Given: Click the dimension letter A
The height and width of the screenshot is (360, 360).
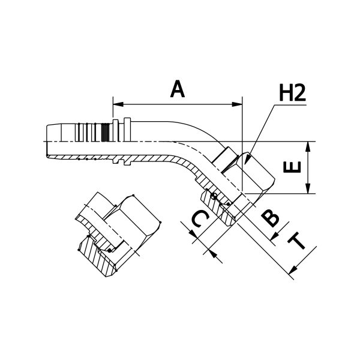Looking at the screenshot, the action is (178, 89).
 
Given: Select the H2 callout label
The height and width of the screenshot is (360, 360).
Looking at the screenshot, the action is (293, 92).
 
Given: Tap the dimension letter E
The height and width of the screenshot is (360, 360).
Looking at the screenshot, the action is (292, 167).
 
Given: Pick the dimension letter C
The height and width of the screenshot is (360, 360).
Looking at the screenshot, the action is (200, 219).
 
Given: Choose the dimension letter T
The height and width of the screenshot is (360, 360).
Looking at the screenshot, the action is (297, 241).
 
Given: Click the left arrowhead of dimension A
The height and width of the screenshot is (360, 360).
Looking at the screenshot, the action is (118, 104).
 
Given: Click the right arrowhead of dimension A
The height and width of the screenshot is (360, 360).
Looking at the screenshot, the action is (237, 104).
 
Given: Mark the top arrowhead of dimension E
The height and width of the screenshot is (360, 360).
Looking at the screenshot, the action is (308, 146).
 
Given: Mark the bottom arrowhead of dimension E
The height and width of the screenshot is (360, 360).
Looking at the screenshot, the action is (308, 188).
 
